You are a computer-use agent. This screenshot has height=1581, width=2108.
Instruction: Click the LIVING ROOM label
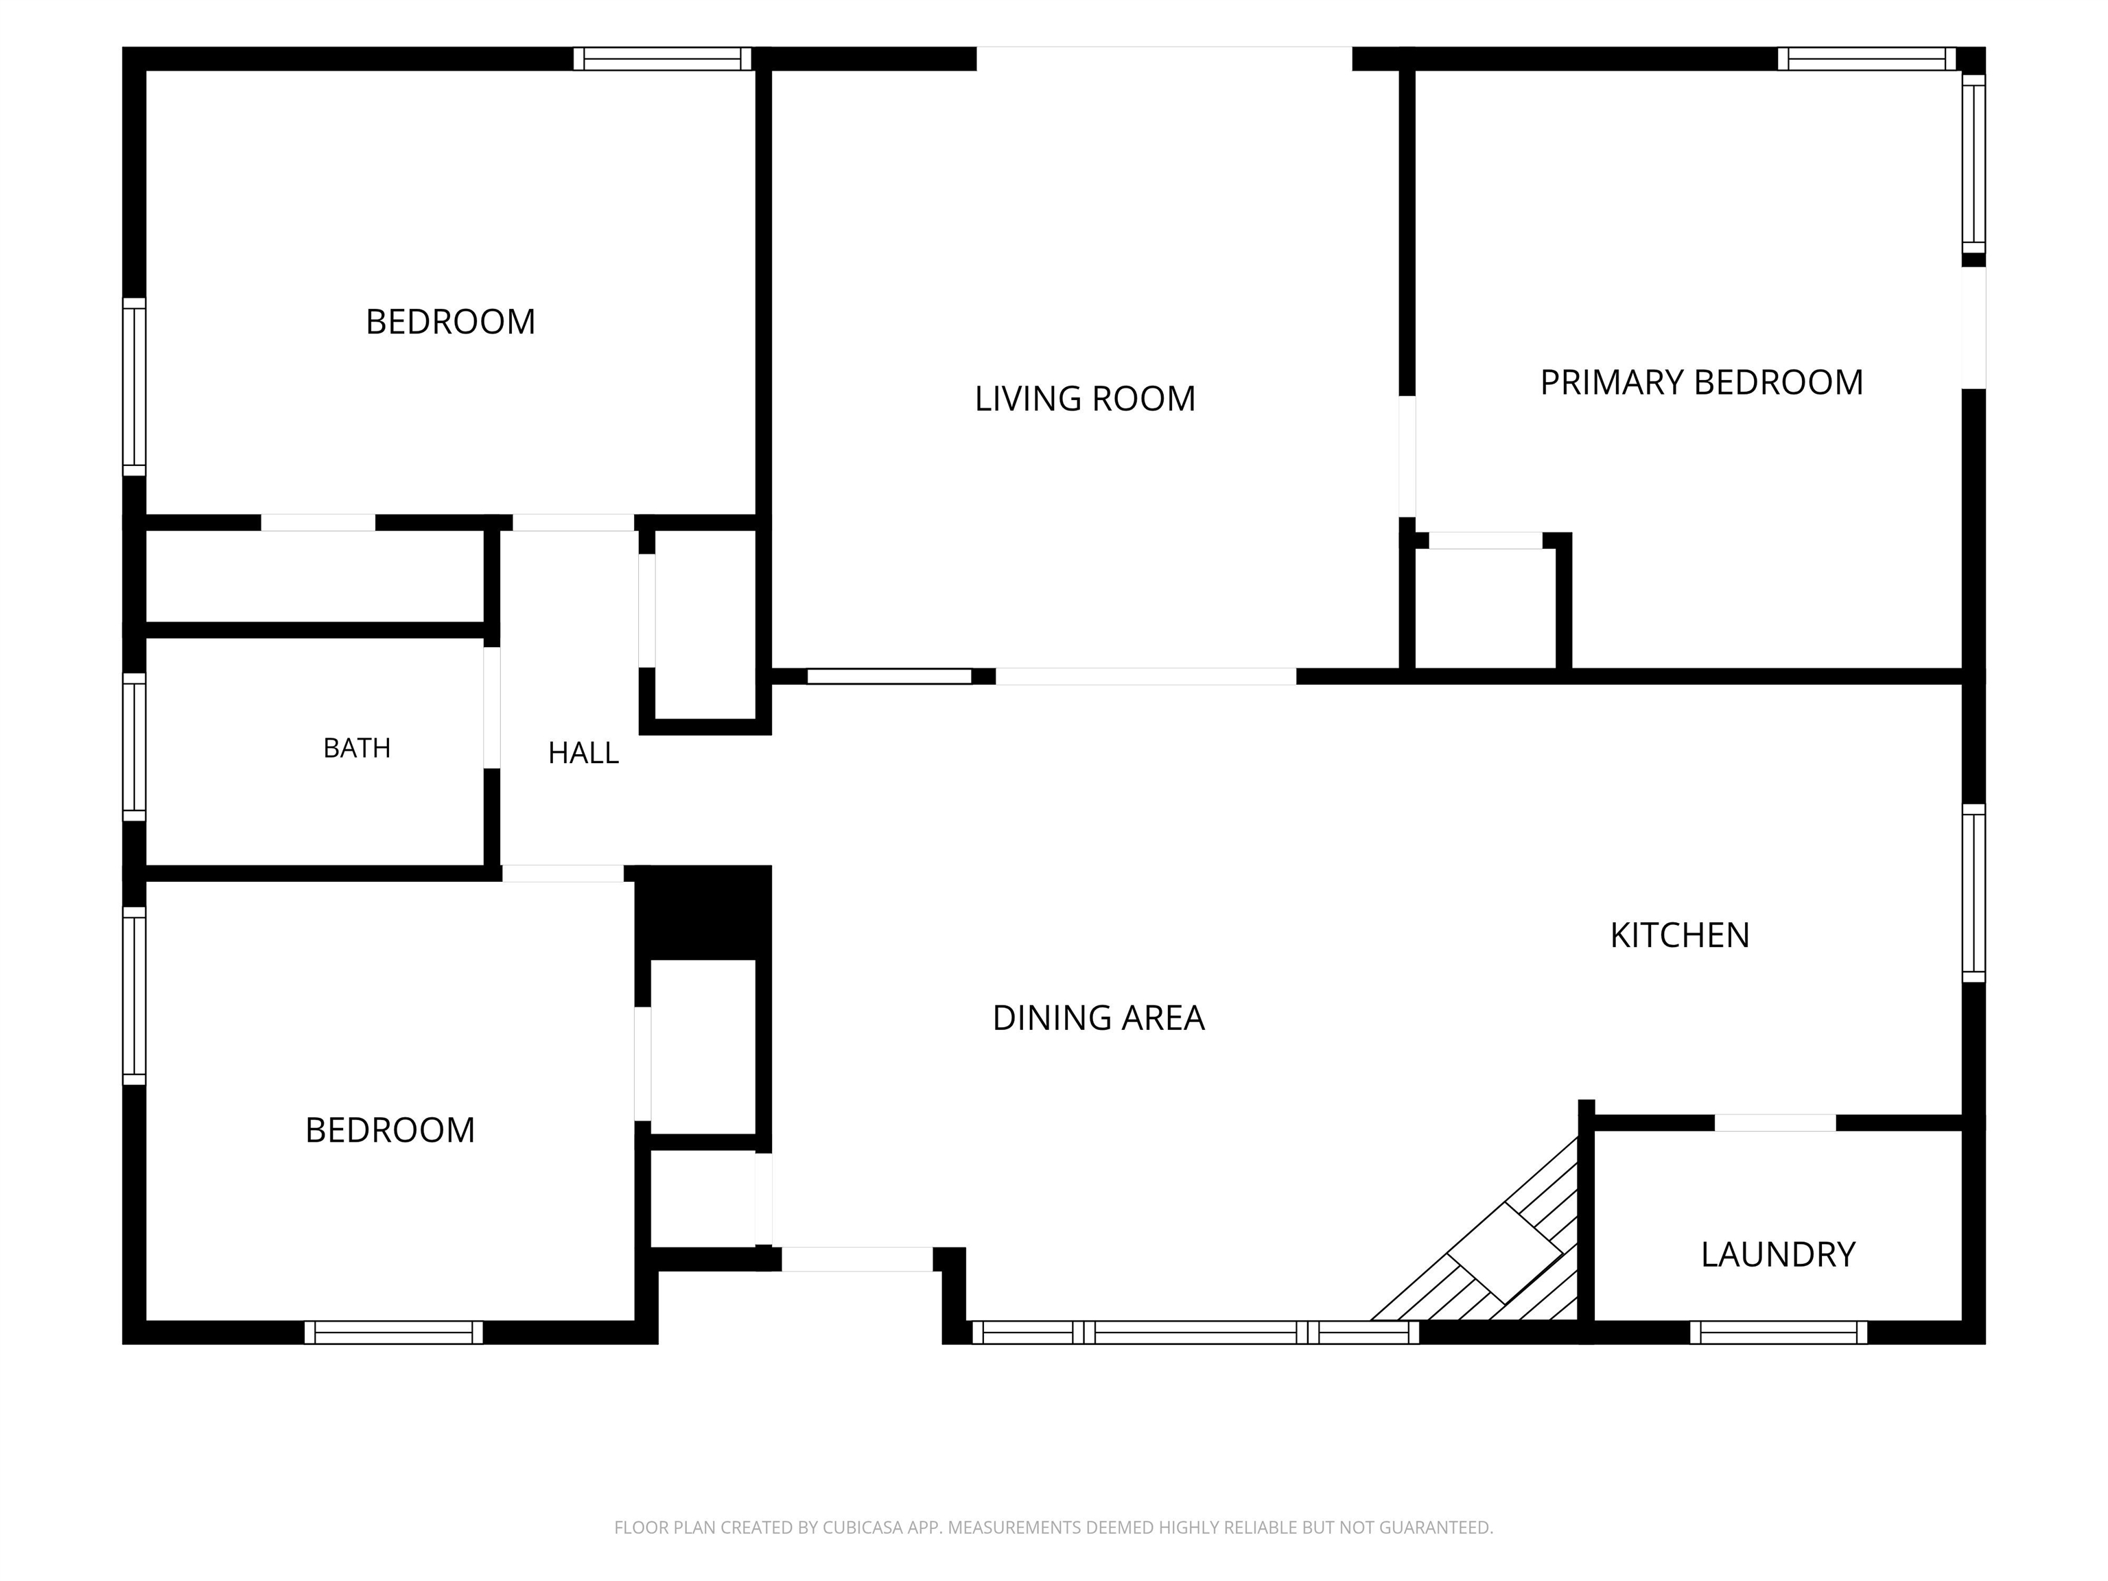(1084, 399)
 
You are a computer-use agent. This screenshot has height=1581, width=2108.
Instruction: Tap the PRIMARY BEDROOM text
(1701, 382)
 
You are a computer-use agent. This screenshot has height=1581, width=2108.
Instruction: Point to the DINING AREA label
(1098, 1018)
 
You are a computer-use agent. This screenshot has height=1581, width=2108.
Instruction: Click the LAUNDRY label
(1777, 1254)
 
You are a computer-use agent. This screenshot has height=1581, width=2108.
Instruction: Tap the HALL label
(583, 753)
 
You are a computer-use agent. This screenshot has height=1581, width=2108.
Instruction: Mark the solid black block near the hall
(703, 912)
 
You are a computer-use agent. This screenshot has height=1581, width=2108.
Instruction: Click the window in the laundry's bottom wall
(1778, 1333)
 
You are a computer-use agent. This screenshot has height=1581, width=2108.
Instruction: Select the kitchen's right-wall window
(1974, 893)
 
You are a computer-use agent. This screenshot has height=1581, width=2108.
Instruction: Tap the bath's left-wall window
(134, 747)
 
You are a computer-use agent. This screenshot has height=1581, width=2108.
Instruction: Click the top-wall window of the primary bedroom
(1866, 59)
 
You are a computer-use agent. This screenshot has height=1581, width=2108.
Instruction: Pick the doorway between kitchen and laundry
(1775, 1123)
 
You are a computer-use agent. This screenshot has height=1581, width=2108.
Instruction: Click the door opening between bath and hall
(492, 708)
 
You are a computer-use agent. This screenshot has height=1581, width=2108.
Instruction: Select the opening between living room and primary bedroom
(1407, 456)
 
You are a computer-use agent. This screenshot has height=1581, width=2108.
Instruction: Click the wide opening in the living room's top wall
(1164, 58)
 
